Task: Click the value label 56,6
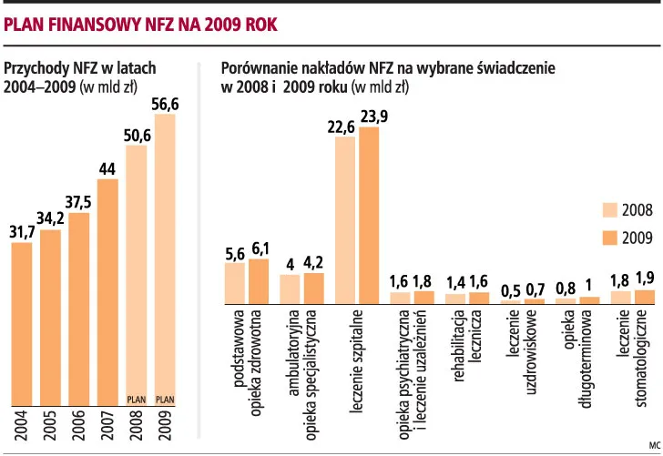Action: tap(165, 106)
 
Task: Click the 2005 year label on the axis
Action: tap(51, 425)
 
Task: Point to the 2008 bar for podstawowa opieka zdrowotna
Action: tap(235, 282)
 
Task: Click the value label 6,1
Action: tap(260, 248)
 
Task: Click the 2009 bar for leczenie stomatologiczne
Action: tap(645, 297)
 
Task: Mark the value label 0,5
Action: tap(511, 291)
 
